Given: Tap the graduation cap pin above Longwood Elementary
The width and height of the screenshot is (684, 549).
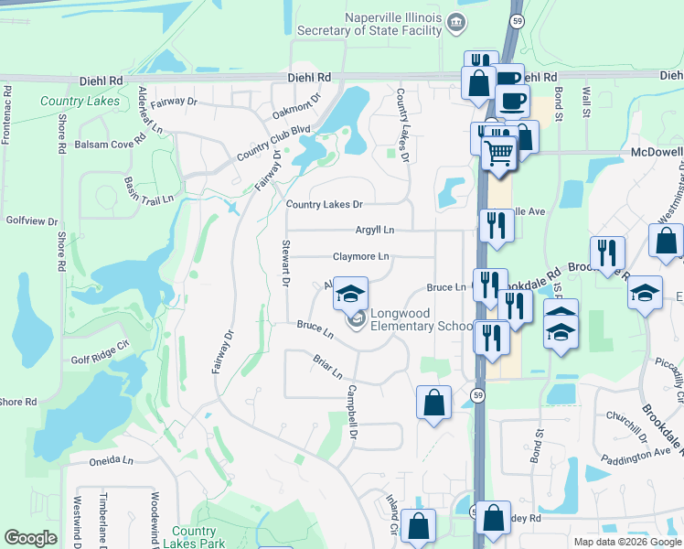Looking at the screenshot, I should click(x=349, y=295).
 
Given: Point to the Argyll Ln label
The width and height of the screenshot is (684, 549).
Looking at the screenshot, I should click(x=375, y=231).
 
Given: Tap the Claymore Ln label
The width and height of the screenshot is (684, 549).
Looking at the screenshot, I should click(x=359, y=256).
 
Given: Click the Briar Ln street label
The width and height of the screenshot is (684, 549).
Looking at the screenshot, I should click(x=326, y=368).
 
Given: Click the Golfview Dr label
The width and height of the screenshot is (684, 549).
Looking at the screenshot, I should click(x=32, y=221).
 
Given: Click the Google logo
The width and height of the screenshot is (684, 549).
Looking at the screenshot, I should click(x=29, y=538).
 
